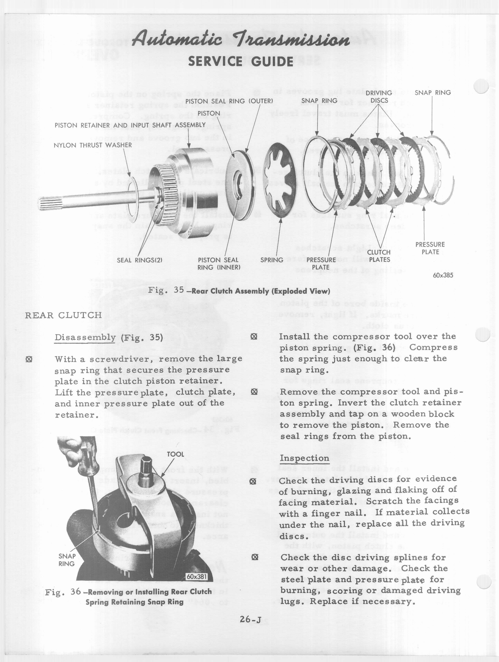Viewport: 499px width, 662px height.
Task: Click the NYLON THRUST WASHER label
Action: point(93,145)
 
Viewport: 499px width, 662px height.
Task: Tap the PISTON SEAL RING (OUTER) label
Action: point(229,101)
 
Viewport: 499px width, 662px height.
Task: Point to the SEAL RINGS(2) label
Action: point(139,260)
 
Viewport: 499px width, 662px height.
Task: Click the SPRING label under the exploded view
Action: point(272,260)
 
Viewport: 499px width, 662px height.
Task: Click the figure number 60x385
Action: point(443,275)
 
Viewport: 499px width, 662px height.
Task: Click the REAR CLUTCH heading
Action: point(63,315)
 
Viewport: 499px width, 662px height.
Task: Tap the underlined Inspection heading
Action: point(304,458)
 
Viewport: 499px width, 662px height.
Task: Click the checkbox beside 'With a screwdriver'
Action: point(29,359)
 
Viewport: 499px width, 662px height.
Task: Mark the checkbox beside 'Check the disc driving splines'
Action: point(255,557)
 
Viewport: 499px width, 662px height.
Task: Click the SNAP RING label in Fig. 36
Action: point(67,560)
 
